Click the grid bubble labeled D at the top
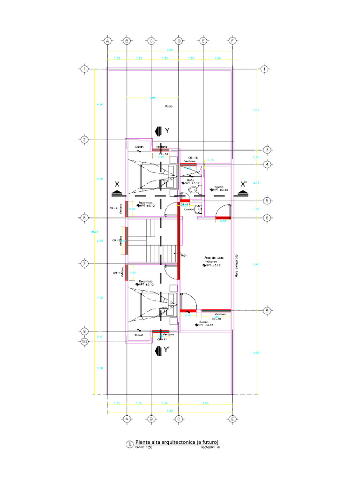(179, 41)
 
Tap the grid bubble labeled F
(232, 41)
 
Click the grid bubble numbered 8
(267, 310)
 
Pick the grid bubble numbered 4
(267, 164)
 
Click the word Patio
(168, 106)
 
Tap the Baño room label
(191, 180)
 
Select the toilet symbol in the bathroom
(193, 189)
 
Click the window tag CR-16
(193, 157)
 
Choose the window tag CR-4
(113, 208)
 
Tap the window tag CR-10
(216, 319)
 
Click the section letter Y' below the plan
(165, 349)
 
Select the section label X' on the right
(244, 184)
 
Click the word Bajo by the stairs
(184, 255)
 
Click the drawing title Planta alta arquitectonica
(177, 442)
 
